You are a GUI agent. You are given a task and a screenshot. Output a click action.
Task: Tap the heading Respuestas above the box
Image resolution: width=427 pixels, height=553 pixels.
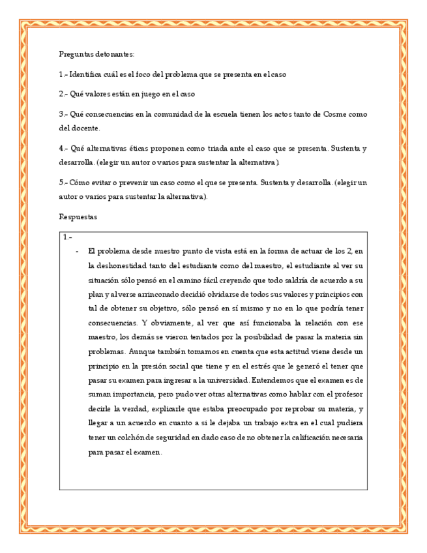click(78, 217)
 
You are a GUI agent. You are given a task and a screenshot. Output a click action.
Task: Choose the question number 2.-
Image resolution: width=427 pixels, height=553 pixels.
click(63, 95)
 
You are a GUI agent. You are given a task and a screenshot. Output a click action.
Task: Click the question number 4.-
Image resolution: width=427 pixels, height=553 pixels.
click(63, 149)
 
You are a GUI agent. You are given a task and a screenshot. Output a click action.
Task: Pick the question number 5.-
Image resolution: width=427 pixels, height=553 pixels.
click(63, 183)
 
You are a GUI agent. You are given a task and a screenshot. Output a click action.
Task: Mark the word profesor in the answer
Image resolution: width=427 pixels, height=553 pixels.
click(349, 395)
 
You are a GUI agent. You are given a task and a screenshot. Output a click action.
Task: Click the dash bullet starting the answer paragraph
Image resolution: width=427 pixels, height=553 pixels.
click(77, 251)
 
